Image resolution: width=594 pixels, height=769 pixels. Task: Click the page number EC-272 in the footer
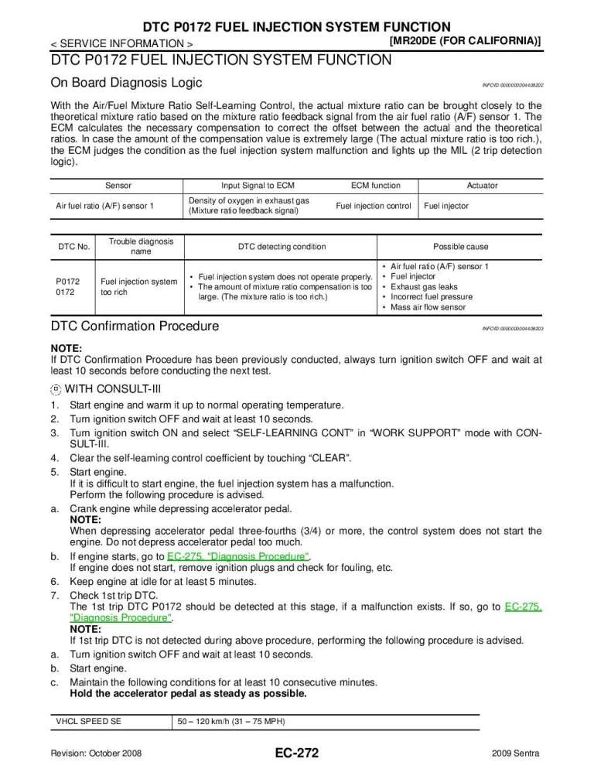pos(296,753)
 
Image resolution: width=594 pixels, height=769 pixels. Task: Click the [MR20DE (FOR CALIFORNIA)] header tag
pos(464,39)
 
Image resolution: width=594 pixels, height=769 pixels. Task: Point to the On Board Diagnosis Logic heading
pos(126,83)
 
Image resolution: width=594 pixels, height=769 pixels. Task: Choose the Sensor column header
pos(118,186)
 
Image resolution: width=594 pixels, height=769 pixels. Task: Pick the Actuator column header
pos(482,186)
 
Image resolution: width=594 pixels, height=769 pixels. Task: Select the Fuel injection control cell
pos(373,206)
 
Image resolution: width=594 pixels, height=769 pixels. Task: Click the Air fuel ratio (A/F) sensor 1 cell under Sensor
pos(105,206)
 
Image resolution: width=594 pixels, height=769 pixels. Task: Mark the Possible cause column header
pos(460,247)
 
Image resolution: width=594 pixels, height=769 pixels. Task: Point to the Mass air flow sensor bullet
pos(428,307)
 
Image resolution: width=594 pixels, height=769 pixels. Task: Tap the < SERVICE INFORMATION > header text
pos(122,43)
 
